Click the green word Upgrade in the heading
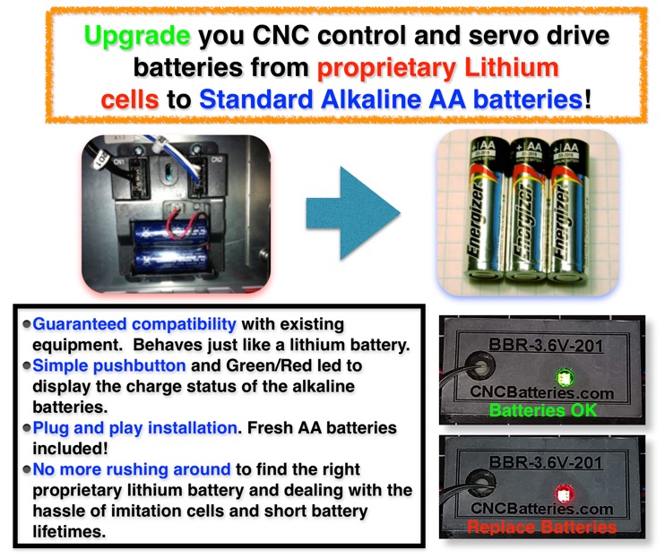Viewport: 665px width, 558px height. click(x=137, y=36)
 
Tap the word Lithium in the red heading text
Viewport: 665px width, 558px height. click(x=512, y=67)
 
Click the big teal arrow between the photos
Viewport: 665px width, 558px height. click(x=353, y=212)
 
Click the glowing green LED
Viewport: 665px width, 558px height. click(x=565, y=377)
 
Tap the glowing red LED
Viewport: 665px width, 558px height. click(x=564, y=494)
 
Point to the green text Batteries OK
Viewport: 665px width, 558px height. click(x=543, y=410)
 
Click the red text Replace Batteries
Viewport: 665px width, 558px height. click(x=541, y=527)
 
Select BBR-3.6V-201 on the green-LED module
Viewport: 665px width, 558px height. click(x=546, y=345)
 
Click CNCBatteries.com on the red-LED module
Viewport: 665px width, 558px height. click(x=541, y=509)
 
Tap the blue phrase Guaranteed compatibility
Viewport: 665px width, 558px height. click(x=134, y=324)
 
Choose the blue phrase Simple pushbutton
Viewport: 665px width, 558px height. click(x=109, y=365)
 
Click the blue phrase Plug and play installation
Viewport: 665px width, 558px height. click(x=134, y=428)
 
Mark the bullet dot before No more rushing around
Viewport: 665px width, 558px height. click(x=27, y=469)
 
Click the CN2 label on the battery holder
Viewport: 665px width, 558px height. click(x=217, y=159)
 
